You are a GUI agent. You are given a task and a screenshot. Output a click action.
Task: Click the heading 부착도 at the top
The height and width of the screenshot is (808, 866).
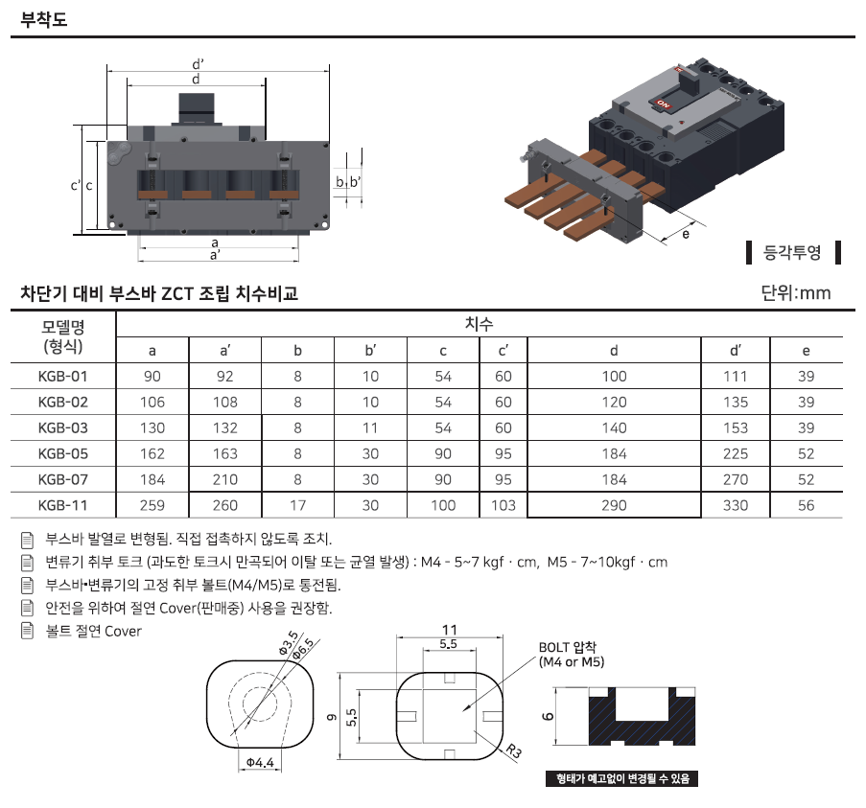click(43, 19)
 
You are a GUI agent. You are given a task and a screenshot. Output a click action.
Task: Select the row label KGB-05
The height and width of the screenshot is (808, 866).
click(63, 453)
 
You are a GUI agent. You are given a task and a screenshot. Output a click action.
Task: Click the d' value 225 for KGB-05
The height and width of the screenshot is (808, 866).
click(736, 453)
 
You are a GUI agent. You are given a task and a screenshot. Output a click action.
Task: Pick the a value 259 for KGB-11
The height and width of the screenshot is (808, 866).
click(152, 505)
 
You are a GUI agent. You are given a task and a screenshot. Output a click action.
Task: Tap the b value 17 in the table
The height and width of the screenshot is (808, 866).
click(297, 505)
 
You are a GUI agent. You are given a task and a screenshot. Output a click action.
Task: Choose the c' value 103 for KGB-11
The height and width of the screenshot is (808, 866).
click(503, 505)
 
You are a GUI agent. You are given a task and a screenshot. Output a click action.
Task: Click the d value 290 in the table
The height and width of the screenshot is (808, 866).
click(614, 505)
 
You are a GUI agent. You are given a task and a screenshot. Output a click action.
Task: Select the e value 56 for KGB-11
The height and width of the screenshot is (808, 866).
click(806, 505)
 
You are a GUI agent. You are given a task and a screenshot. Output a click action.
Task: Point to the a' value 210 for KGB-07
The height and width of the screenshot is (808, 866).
click(225, 479)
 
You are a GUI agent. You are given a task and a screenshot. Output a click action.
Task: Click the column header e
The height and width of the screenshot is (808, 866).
click(806, 351)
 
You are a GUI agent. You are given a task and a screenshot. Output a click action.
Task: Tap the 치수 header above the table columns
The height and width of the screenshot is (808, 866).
click(479, 324)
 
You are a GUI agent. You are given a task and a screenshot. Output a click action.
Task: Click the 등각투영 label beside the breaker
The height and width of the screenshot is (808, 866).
click(792, 252)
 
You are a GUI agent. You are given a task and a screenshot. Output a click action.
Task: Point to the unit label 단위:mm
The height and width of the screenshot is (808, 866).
click(795, 292)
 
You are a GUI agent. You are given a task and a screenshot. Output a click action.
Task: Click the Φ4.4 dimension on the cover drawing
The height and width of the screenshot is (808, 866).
click(260, 762)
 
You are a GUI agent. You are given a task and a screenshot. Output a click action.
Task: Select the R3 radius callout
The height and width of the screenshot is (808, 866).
click(514, 751)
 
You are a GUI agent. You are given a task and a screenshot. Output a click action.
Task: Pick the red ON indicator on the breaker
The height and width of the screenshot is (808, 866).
click(663, 104)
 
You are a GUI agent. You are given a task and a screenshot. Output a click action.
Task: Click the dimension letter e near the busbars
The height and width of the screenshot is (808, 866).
click(686, 234)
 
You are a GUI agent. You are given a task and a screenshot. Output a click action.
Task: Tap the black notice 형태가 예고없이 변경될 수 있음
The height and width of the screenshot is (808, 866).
click(621, 778)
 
